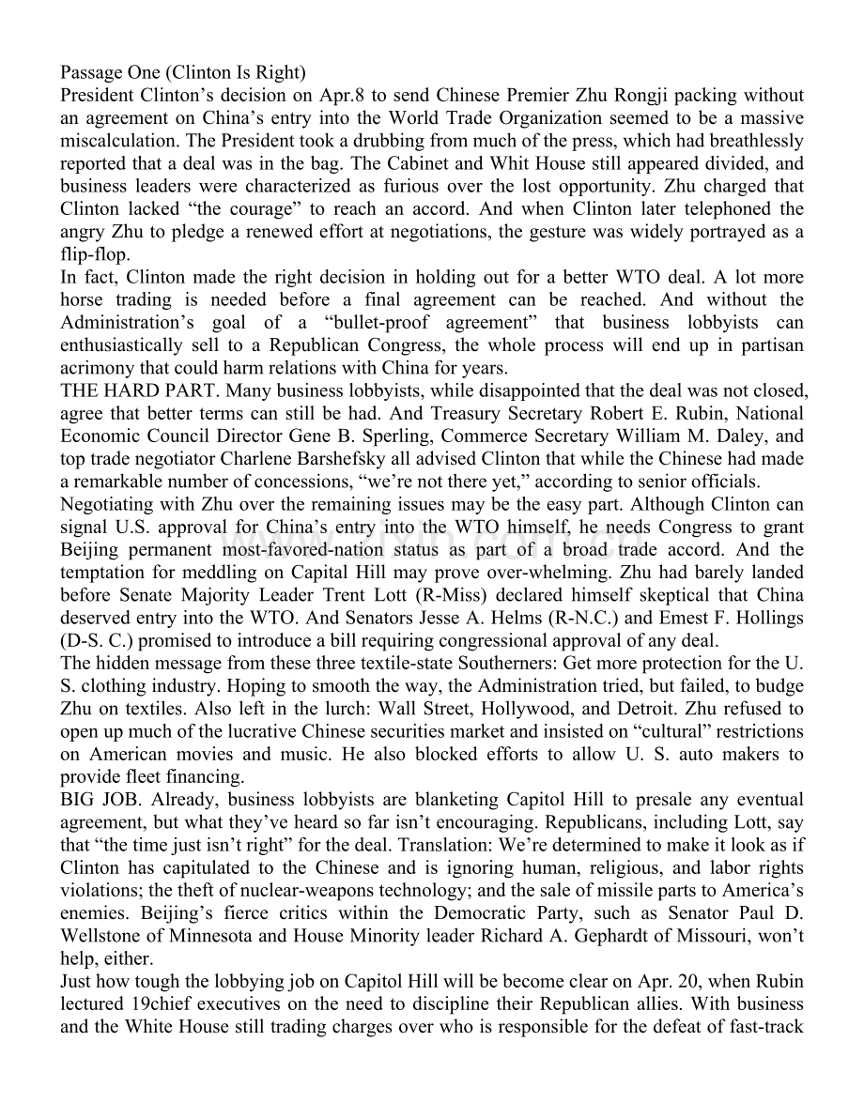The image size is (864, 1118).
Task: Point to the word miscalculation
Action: pyautogui.click(x=116, y=141)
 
